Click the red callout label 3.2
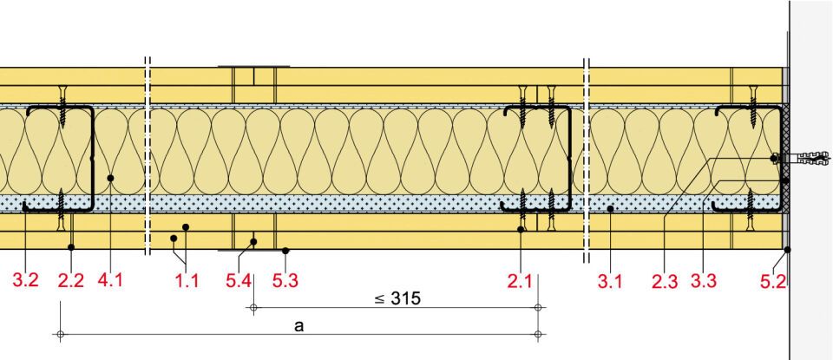pos(25,280)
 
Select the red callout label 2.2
pos(71,280)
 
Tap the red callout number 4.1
pos(109,278)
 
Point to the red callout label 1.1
pos(187,280)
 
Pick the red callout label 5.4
pos(239,280)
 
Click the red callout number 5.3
pos(285,280)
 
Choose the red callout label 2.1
pos(520,280)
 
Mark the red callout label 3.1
pos(610,281)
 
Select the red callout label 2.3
pos(666,281)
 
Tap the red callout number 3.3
pos(704,281)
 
